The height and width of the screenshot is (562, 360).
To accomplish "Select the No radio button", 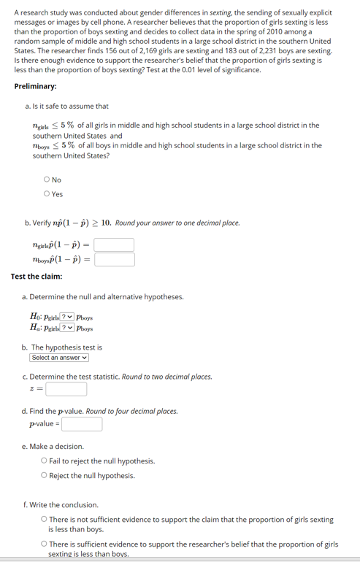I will (47, 180).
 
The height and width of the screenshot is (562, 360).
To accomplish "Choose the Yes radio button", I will (47, 194).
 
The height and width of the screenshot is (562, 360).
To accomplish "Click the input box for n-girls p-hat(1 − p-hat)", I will (114, 245).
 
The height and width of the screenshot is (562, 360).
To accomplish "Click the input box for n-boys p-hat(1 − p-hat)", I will (114, 260).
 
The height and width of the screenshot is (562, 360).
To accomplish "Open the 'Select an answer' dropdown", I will (59, 358).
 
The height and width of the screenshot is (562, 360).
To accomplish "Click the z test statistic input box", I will (66, 389).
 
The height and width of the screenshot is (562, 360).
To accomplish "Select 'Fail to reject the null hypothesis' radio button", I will (45, 461).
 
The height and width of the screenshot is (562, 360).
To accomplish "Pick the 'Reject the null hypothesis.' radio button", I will (45, 476).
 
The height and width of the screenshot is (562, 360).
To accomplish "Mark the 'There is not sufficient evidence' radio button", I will (45, 520).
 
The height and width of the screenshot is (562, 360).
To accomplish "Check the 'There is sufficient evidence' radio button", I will (45, 544).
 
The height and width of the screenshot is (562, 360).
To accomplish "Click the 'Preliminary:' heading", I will (36, 86).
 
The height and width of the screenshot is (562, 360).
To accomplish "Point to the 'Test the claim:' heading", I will (37, 276).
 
